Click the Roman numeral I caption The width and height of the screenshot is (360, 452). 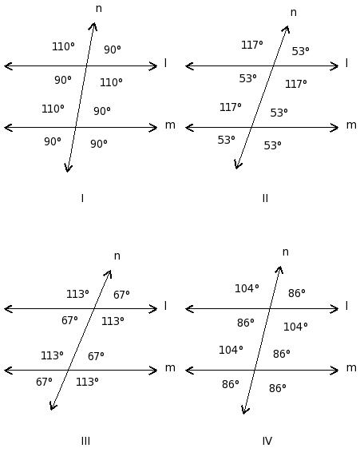coord(82,198)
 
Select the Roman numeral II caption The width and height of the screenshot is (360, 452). coord(265,198)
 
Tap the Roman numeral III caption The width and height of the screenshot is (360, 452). coord(85,441)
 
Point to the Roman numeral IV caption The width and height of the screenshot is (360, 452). coord(267,441)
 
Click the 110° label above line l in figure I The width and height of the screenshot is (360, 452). coord(63,46)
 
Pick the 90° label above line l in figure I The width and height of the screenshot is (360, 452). coord(112,50)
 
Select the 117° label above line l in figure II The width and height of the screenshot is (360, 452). coord(252,45)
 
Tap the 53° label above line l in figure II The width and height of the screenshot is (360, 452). coord(300,51)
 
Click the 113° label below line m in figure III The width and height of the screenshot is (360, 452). coord(87,382)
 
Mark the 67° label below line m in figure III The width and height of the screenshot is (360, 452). coord(44,382)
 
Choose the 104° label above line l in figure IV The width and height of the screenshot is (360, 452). coord(247,288)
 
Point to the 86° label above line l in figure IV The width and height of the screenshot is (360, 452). coord(297,293)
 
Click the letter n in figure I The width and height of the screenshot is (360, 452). coord(98,9)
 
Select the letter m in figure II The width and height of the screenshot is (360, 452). coord(351,125)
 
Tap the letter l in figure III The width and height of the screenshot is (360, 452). coord(165,306)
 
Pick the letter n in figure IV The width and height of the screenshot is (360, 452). coord(285,252)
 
